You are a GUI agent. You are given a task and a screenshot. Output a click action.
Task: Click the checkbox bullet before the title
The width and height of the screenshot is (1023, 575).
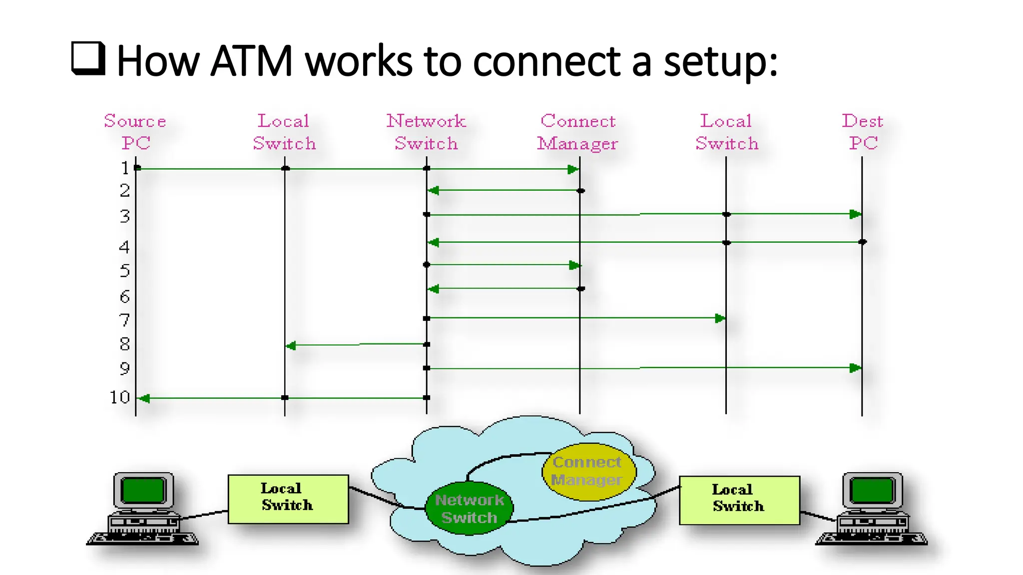tap(88, 59)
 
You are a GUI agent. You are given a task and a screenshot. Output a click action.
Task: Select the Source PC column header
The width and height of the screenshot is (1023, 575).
tap(135, 132)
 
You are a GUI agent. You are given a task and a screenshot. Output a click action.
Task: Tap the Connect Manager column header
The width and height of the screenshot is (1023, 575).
tap(578, 132)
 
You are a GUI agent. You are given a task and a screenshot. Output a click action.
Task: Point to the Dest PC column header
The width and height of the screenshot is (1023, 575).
tap(863, 132)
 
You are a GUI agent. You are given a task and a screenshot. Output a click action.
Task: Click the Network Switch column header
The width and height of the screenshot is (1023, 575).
tap(426, 132)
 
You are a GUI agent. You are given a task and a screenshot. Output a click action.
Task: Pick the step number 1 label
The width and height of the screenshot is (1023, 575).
tap(125, 168)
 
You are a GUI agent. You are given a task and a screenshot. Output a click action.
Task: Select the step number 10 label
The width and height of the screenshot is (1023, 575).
tap(120, 397)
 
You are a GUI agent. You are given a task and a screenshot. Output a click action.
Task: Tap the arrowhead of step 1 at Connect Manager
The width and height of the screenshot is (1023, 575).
tap(573, 170)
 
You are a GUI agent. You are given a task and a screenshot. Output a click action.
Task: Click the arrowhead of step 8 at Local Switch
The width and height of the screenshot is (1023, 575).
tap(291, 345)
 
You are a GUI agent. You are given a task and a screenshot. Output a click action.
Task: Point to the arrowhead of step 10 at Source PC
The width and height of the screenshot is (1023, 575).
tap(144, 398)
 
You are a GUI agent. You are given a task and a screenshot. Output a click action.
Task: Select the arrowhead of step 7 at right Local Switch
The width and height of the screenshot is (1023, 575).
tap(720, 318)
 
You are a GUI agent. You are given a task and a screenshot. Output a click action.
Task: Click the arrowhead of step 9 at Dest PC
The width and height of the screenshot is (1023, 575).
tap(855, 368)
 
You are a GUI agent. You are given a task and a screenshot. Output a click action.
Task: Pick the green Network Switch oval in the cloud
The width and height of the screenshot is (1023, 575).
tap(469, 508)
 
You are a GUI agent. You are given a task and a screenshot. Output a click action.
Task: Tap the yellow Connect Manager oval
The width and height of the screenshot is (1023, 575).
tap(588, 471)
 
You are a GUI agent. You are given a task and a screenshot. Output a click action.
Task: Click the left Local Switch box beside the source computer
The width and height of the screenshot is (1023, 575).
tap(288, 499)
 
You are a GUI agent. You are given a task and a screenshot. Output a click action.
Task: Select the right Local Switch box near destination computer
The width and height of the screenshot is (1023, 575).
tap(739, 500)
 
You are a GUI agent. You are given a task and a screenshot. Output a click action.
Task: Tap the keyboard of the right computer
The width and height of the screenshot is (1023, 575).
tap(872, 539)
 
